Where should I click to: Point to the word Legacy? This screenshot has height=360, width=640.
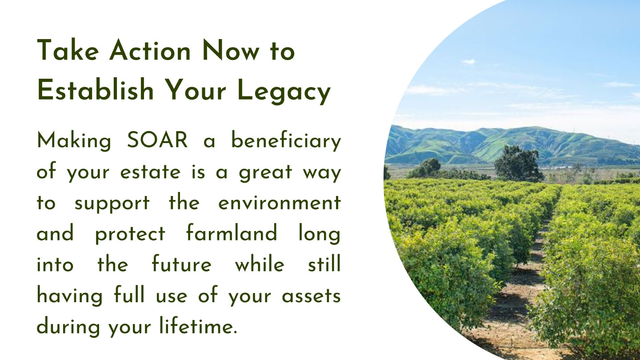pyautogui.click(x=284, y=92)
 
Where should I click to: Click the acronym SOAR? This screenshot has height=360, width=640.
pyautogui.click(x=157, y=140)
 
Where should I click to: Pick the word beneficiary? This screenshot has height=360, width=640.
pyautogui.click(x=286, y=141)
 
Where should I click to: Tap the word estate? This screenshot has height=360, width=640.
pyautogui.click(x=150, y=172)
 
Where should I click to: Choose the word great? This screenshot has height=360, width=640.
pyautogui.click(x=265, y=173)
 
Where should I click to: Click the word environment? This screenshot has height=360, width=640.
pyautogui.click(x=280, y=203)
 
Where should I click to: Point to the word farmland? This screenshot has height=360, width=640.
pyautogui.click(x=232, y=232)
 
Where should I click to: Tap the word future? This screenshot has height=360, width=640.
pyautogui.click(x=181, y=263)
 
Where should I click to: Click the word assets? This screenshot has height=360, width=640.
pyautogui.click(x=311, y=295)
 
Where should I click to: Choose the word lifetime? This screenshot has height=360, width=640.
pyautogui.click(x=198, y=325)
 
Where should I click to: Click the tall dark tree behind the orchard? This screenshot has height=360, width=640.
pyautogui.click(x=519, y=164)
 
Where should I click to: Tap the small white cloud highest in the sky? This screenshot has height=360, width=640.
pyautogui.click(x=469, y=61)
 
